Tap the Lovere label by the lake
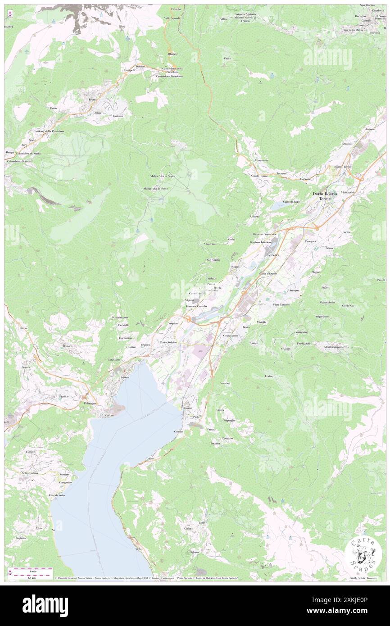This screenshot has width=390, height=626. point(125,377)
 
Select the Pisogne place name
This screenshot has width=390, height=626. point(187,408)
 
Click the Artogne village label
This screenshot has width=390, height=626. point(294,290)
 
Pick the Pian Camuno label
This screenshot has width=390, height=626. point(281,304)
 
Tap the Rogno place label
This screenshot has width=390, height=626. point(235,267)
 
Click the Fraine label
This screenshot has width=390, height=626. point(269,376)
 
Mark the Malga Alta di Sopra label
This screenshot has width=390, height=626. point(163,176)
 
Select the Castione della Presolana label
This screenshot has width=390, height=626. point(49,131)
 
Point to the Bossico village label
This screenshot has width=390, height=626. point(68,346)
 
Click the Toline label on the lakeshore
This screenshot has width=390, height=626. point(150,458)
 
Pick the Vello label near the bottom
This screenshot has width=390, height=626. point(138,549)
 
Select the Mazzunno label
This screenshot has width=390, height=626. point(261,160)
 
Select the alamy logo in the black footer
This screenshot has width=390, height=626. point(45,605)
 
